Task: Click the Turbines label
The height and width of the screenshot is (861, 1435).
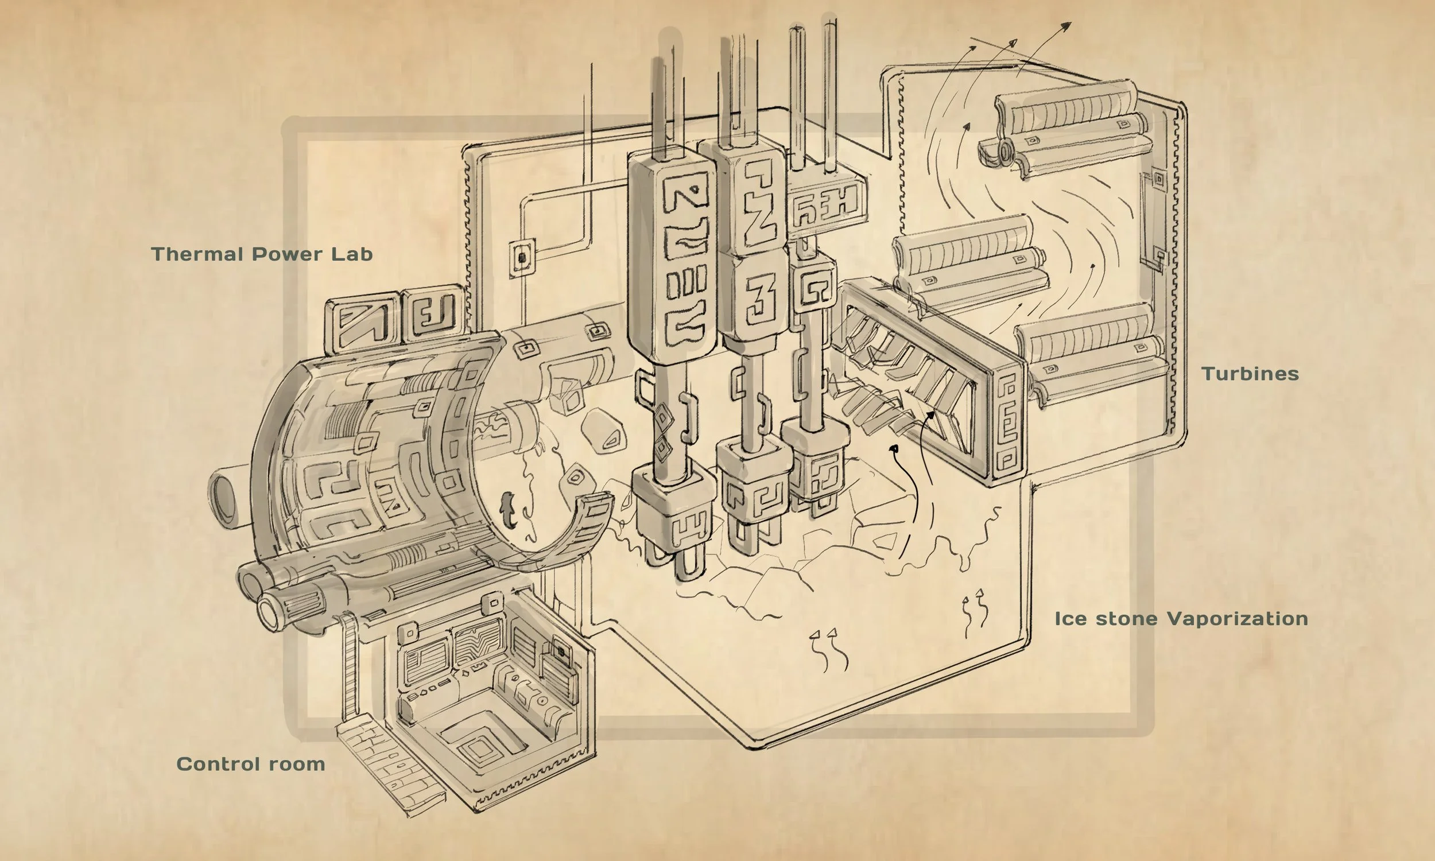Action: (1250, 374)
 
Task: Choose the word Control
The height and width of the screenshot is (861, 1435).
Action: (218, 764)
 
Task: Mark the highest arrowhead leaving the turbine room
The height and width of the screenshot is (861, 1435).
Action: (1066, 26)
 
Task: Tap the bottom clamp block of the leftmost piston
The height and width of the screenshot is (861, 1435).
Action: (673, 510)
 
